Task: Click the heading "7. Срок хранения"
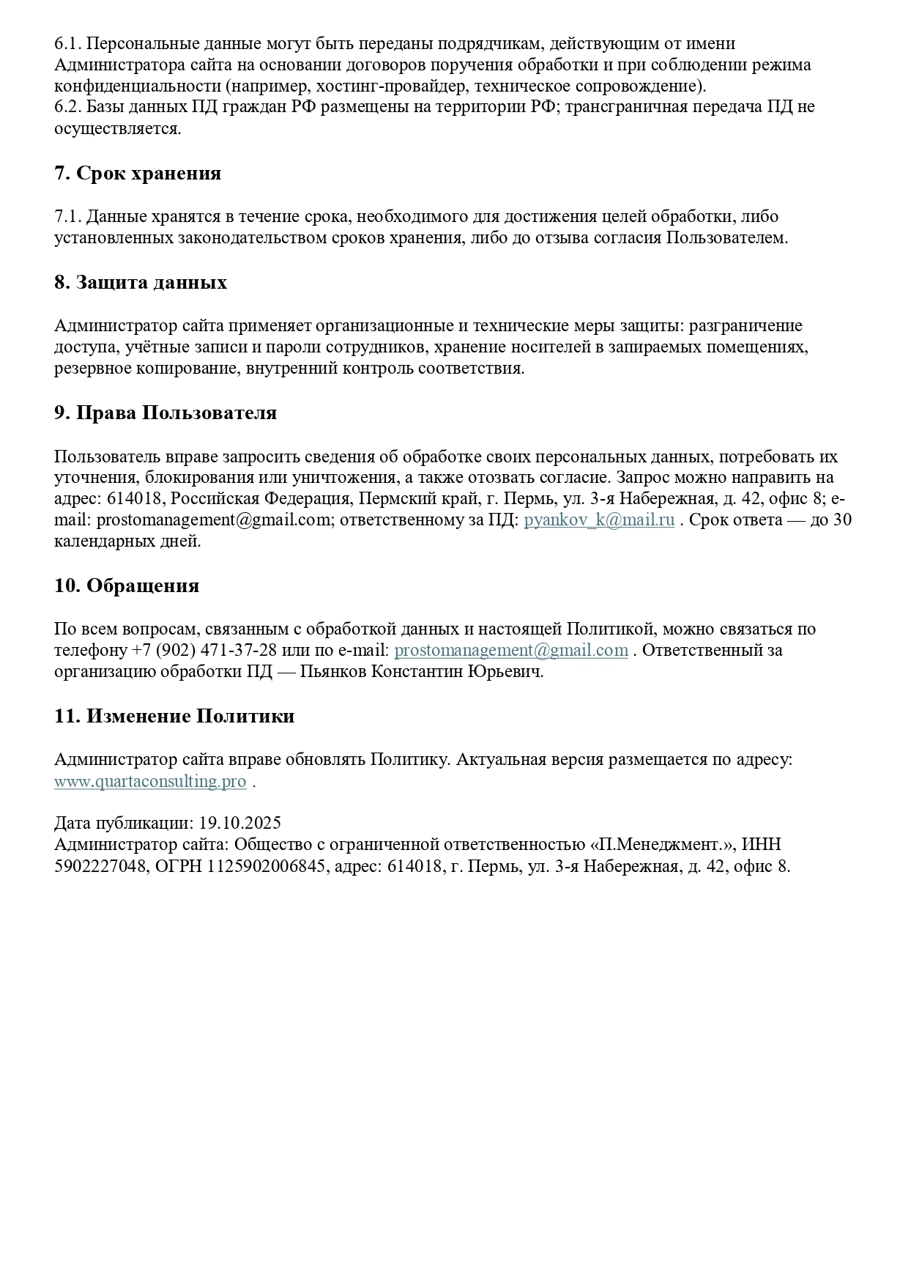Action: point(138,174)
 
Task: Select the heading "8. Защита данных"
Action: point(141,283)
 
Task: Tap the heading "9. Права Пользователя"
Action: point(165,413)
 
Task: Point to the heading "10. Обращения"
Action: point(127,586)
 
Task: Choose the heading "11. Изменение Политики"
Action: point(174,716)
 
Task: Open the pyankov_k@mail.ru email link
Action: point(599,521)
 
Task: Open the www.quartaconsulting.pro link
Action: point(150,781)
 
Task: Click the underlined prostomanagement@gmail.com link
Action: point(511,651)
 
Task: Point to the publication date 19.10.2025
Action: point(239,823)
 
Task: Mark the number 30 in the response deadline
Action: point(842,521)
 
